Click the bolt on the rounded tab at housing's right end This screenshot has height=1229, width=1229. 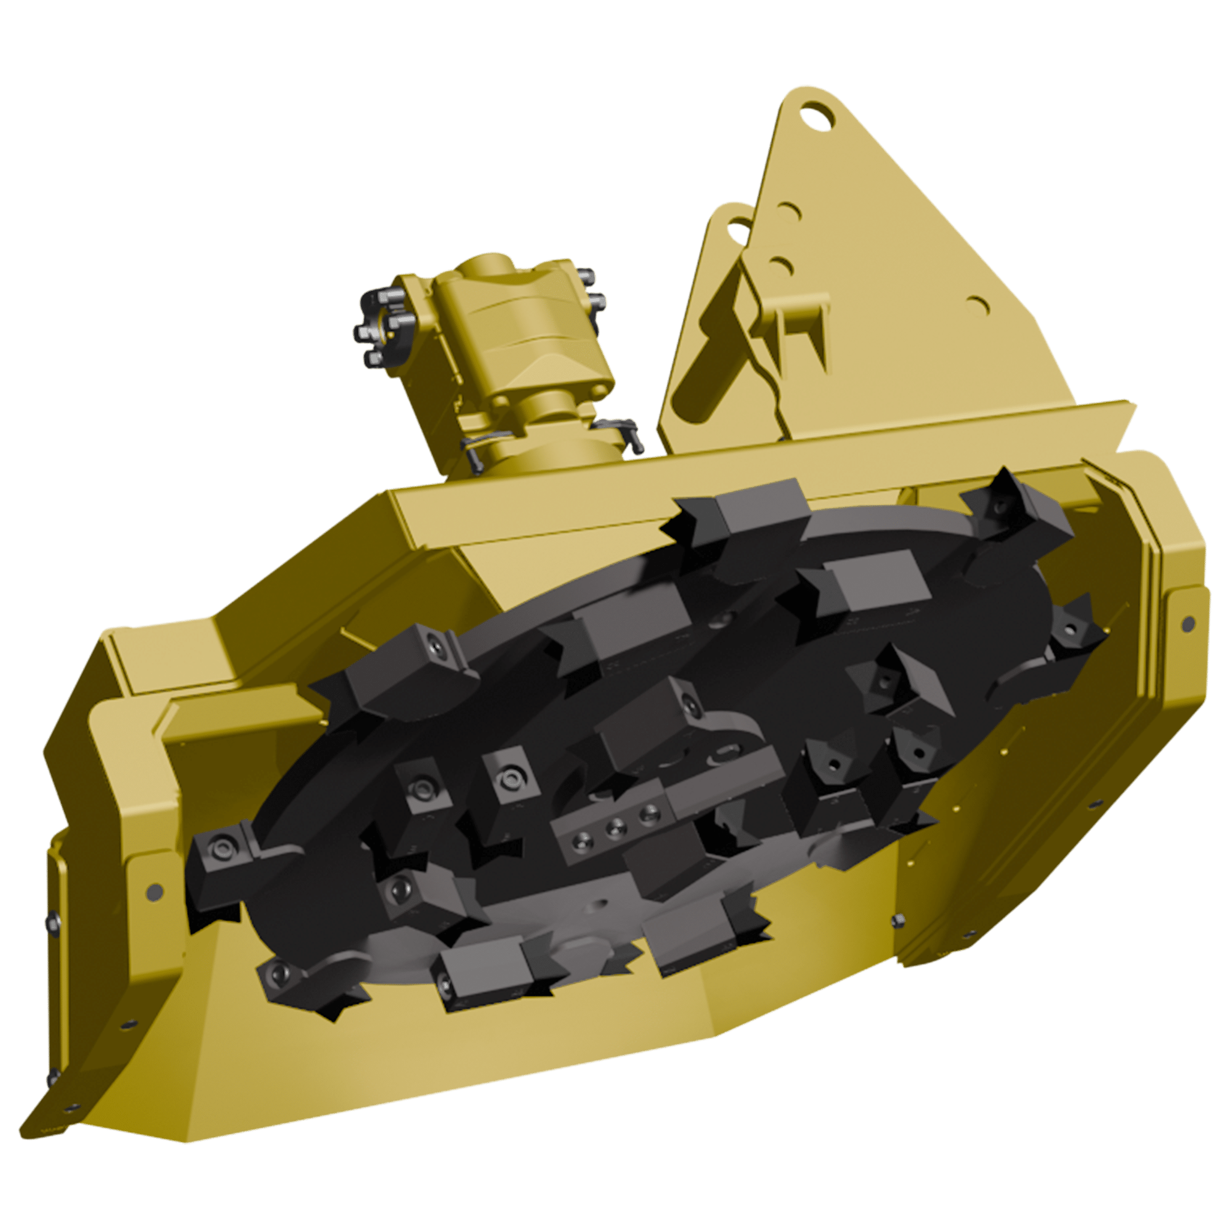pos(1187,624)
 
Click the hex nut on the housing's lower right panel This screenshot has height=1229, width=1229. pos(898,920)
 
